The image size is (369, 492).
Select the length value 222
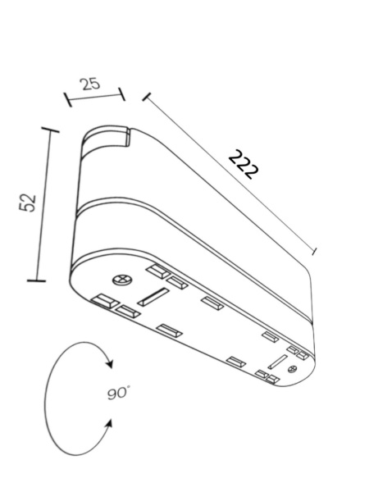tap(244, 165)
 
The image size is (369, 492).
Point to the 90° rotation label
tap(119, 393)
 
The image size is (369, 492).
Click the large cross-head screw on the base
tap(123, 279)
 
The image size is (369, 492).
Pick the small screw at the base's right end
tap(292, 371)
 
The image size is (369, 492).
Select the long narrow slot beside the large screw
tap(153, 296)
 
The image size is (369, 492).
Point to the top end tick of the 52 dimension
tap(50, 130)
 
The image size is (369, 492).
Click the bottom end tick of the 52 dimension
tap(36, 280)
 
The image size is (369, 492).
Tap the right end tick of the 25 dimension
tap(121, 93)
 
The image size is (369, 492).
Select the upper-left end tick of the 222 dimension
tap(147, 97)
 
